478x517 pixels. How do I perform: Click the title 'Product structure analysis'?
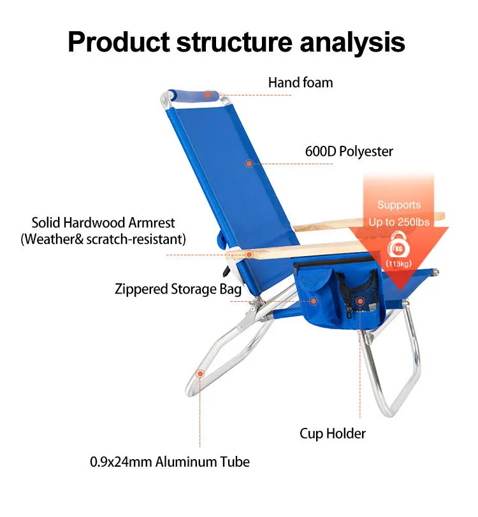pyautogui.click(x=236, y=41)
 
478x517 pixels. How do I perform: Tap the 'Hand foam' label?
pyautogui.click(x=300, y=82)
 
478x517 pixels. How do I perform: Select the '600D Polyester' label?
pyautogui.click(x=348, y=152)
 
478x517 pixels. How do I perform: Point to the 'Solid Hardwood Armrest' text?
pyautogui.click(x=103, y=223)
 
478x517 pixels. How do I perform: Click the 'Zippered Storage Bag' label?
pyautogui.click(x=178, y=289)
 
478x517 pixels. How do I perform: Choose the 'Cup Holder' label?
pyautogui.click(x=333, y=434)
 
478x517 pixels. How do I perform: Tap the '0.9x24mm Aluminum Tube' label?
pyautogui.click(x=170, y=462)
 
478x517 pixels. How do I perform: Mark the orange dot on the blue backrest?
pyautogui.click(x=249, y=164)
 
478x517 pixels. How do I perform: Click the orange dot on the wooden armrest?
pyautogui.click(x=249, y=255)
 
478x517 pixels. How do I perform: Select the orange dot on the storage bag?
pyautogui.click(x=313, y=301)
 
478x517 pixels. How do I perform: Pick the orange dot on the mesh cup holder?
pyautogui.click(x=360, y=301)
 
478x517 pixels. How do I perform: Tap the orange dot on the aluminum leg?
pyautogui.click(x=200, y=374)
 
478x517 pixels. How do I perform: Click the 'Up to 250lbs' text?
pyautogui.click(x=399, y=222)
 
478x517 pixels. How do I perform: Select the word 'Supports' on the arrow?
pyautogui.click(x=399, y=205)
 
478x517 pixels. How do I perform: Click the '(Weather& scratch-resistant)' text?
pyautogui.click(x=103, y=239)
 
